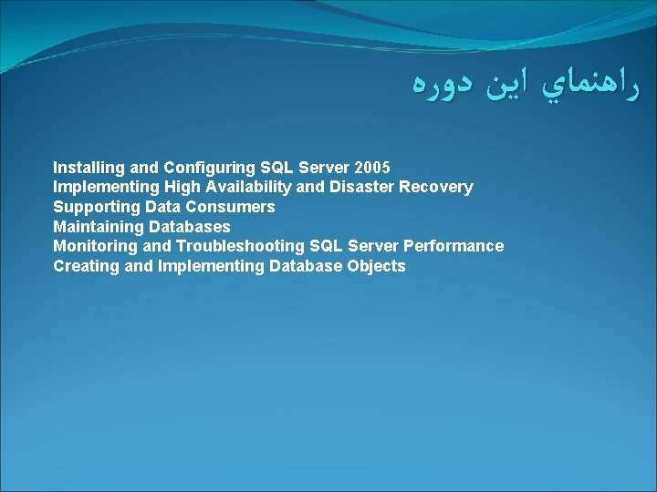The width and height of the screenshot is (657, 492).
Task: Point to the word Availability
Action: click(243, 188)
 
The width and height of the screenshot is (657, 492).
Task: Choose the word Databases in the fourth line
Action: click(190, 227)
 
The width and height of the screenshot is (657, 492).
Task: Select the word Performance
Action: click(457, 247)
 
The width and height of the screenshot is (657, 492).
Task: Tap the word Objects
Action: click(376, 267)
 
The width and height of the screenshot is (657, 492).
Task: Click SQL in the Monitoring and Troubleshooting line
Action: click(325, 247)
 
